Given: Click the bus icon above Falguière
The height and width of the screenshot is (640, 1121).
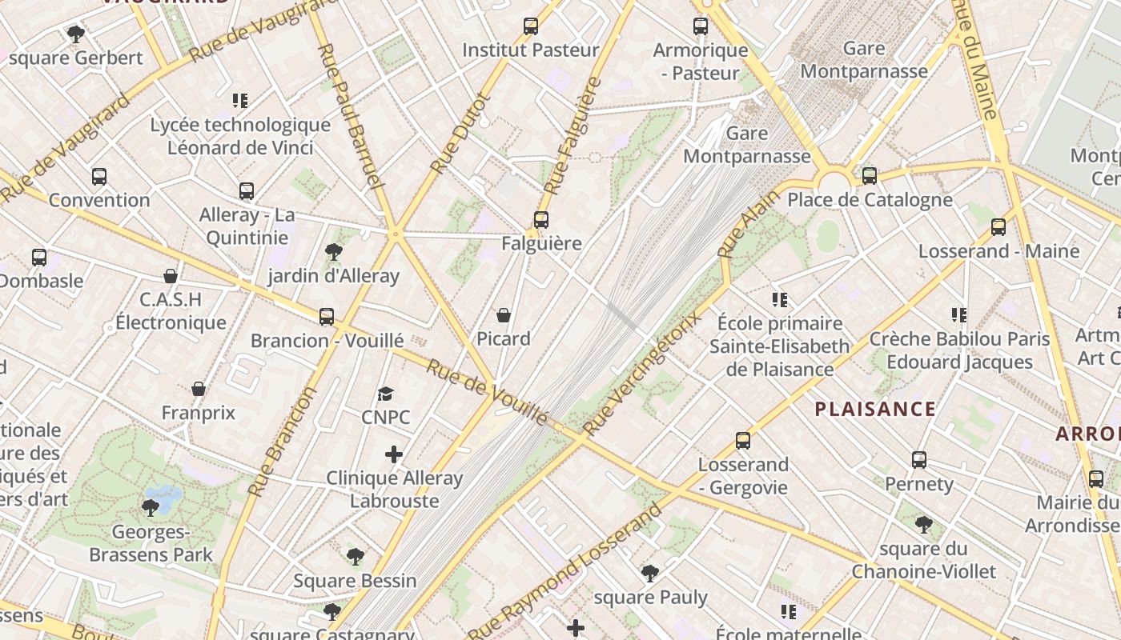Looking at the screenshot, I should coord(541,219).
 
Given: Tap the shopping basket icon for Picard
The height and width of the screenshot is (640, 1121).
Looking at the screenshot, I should coord(504,315).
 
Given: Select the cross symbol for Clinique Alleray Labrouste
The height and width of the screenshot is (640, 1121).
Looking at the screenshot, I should coord(394,454).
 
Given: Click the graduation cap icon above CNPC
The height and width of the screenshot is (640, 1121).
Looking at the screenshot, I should coord(386,394).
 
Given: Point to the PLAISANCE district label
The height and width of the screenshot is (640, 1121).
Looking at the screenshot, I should coord(875,410).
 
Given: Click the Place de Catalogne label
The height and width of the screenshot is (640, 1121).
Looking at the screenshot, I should coord(870,199).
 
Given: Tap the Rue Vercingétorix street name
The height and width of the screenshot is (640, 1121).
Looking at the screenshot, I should coord(642,374).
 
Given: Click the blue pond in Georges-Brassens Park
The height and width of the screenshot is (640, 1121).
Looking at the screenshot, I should coord(165,497).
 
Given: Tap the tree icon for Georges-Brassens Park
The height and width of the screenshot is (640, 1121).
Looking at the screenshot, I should coord(150,507).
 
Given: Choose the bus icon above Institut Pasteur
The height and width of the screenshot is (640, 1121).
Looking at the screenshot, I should coord(531,26).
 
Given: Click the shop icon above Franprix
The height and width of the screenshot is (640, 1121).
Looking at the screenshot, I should coord(199,389).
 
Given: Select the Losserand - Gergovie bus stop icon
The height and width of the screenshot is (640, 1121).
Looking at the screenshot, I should coord(743,441).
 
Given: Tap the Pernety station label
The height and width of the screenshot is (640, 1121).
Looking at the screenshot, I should coord(919,484).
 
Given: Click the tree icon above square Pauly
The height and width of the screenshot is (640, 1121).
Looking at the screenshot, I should coord(650,573).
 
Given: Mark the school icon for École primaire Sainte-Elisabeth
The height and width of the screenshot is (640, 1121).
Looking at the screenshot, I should coord(780,300).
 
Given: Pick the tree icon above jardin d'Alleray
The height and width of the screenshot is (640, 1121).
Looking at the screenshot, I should coord(334,253).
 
